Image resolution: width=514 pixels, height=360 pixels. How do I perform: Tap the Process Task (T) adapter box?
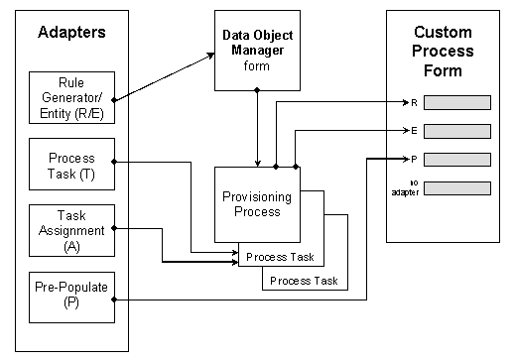tap(72, 163)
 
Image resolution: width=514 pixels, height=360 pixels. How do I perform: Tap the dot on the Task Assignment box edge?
tap(116, 228)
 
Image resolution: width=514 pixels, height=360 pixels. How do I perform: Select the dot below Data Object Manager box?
tap(259, 90)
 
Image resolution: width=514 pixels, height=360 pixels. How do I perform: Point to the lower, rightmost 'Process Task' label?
tap(304, 281)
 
